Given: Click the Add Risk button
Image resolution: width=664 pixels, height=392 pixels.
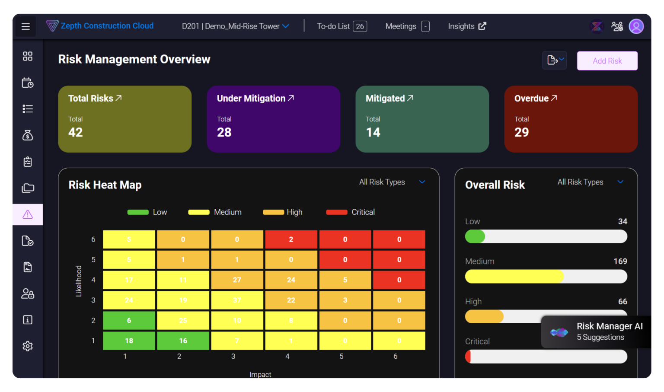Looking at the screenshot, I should click(607, 61).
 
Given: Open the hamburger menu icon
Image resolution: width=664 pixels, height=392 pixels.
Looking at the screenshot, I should click(26, 27).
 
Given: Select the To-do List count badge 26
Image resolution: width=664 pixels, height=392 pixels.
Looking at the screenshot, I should click(360, 26).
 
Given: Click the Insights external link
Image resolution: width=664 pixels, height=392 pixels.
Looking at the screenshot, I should click(467, 26).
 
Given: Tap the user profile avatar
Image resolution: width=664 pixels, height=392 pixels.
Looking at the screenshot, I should click(636, 26).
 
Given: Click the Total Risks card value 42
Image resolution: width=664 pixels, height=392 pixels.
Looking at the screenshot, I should click(76, 132).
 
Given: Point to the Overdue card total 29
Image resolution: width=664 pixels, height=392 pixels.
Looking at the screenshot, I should click(521, 132).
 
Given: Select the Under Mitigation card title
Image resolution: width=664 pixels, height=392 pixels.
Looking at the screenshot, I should click(251, 99).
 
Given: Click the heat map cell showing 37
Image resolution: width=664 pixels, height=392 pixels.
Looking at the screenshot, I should click(237, 300).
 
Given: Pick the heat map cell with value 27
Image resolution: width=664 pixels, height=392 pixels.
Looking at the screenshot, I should click(237, 280).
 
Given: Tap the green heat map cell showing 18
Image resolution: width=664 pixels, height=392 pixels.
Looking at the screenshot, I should click(129, 341).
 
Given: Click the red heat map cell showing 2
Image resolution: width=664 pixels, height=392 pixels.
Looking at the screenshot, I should click(291, 239).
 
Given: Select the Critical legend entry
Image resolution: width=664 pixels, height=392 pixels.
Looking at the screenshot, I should click(351, 212).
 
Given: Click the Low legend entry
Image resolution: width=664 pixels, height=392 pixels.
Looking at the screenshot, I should click(147, 212).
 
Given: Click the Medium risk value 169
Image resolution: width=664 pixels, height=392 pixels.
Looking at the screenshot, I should click(620, 261).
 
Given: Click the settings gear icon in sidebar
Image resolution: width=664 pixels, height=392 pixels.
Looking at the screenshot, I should click(28, 346).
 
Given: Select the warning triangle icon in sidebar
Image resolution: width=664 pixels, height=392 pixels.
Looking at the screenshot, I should click(28, 214).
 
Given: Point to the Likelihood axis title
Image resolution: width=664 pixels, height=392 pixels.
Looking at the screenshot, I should click(79, 281).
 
